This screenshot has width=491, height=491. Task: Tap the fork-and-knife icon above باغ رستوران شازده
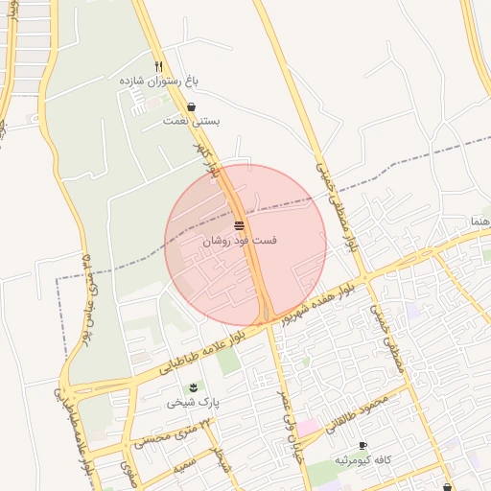(x=159, y=65)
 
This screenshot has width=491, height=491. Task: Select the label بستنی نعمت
(x=192, y=122)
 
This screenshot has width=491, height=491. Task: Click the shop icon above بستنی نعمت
(x=192, y=107)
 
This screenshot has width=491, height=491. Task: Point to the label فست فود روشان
(x=239, y=240)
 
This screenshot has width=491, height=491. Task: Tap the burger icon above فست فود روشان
(x=239, y=224)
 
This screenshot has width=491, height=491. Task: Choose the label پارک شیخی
(x=195, y=402)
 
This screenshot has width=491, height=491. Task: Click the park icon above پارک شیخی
(x=195, y=386)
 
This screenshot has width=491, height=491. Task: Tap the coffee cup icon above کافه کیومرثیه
(x=362, y=446)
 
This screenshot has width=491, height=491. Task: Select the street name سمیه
(x=183, y=465)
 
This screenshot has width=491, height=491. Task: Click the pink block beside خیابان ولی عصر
(x=308, y=427)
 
